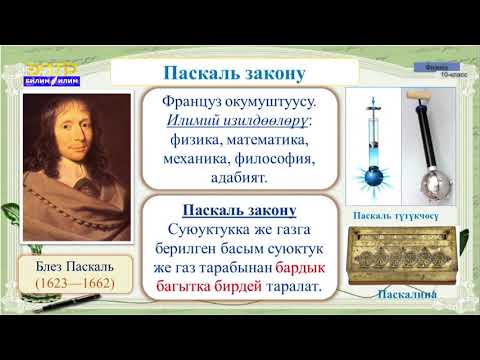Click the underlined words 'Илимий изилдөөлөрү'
[x=228, y=121]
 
